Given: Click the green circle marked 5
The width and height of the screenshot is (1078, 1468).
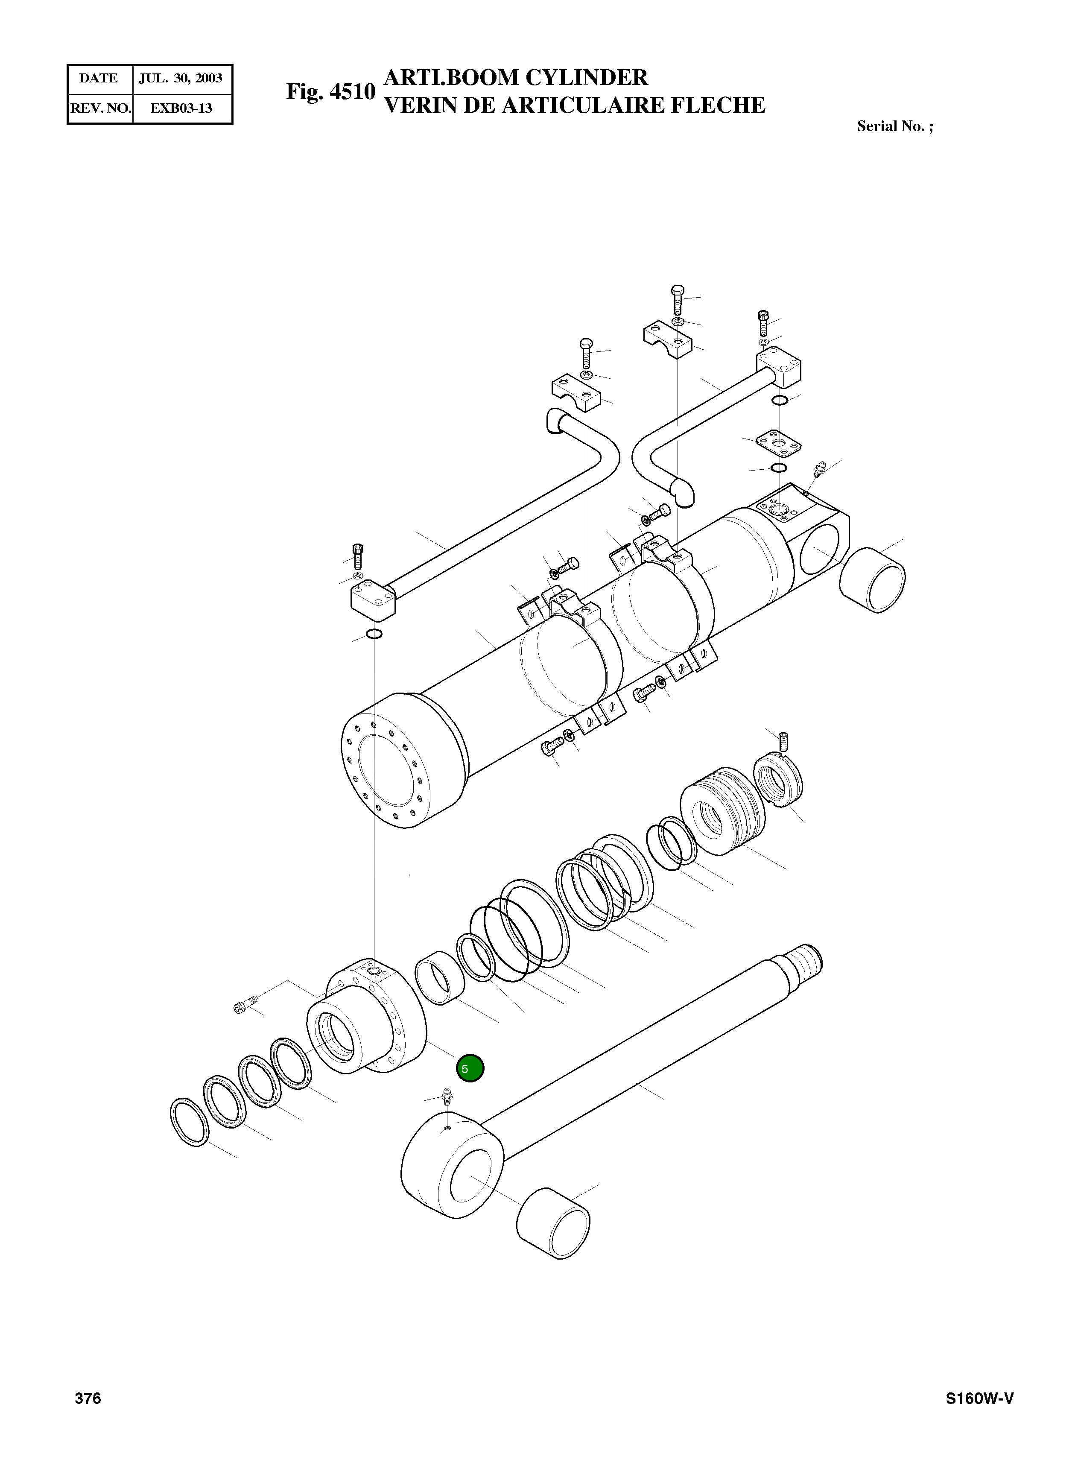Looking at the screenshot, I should pyautogui.click(x=470, y=1068).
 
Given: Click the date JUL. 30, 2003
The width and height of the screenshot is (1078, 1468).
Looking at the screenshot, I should pyautogui.click(x=181, y=78).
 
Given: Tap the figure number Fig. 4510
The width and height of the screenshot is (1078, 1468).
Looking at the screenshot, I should pyautogui.click(x=331, y=91).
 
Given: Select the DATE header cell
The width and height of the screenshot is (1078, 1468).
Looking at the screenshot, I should pyautogui.click(x=99, y=78).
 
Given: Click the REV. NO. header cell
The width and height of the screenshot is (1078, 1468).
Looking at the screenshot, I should pyautogui.click(x=100, y=108).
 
